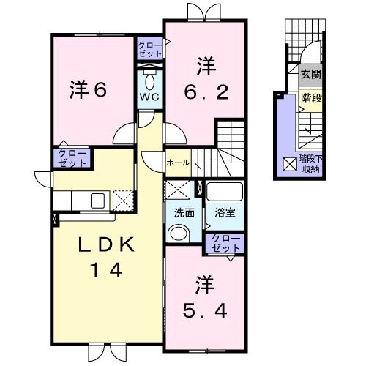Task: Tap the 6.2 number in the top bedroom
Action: (201, 92)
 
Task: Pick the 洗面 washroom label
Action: (183, 213)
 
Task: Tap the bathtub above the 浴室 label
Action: (225, 193)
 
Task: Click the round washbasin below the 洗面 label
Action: (177, 233)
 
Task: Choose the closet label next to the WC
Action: (150, 50)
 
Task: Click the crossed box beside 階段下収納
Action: (288, 165)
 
